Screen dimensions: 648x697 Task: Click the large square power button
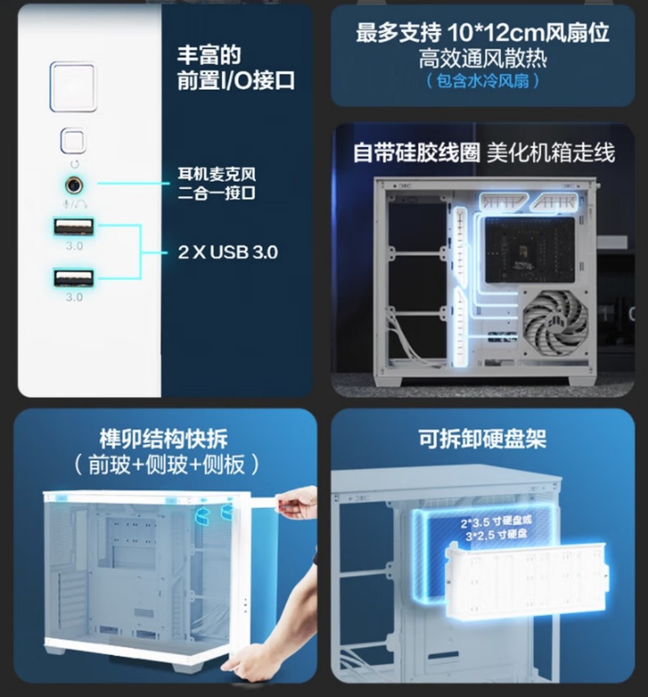click(73, 86)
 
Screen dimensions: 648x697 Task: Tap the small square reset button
click(73, 141)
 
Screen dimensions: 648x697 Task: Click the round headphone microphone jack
click(74, 185)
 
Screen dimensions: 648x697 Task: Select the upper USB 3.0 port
click(74, 226)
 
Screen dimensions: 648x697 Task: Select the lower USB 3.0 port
click(74, 278)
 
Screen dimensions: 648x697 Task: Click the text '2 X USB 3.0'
click(228, 252)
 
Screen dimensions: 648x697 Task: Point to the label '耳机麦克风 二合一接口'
click(217, 183)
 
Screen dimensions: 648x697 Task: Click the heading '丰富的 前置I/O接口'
click(236, 68)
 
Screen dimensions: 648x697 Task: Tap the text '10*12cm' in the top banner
click(495, 33)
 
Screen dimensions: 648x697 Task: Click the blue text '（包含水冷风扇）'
click(482, 81)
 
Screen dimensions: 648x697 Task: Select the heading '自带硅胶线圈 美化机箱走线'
click(484, 152)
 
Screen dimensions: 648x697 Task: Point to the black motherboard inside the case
click(530, 250)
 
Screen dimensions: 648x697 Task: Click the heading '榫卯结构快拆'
click(164, 439)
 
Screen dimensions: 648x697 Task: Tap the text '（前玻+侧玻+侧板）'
click(166, 465)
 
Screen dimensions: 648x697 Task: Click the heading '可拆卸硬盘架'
click(482, 439)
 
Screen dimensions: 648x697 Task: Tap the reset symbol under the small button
click(74, 164)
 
